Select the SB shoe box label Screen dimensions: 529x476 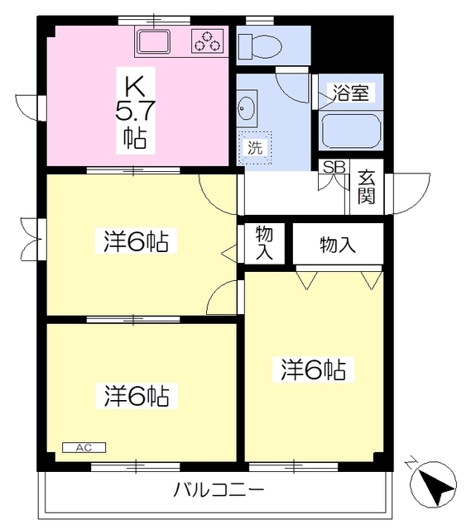pyautogui.click(x=334, y=167)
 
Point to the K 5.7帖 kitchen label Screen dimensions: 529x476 pyautogui.click(x=135, y=110)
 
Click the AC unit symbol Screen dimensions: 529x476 pyautogui.click(x=84, y=447)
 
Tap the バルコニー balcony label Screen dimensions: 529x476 pyautogui.click(x=219, y=490)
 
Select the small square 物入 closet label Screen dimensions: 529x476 pyautogui.click(x=264, y=243)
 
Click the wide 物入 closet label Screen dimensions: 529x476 pyautogui.click(x=338, y=244)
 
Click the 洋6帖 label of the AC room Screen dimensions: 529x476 pyautogui.click(x=137, y=396)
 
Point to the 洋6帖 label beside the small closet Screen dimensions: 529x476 pyautogui.click(x=137, y=242)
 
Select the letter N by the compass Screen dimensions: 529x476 pyautogui.click(x=411, y=464)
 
